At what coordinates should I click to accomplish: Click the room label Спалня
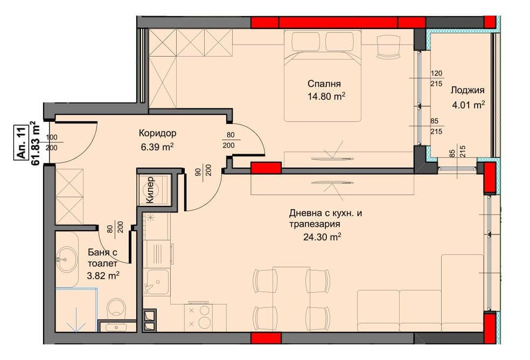324,84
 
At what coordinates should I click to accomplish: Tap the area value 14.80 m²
326,96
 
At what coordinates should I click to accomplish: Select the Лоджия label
468,91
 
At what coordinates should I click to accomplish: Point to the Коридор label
157,133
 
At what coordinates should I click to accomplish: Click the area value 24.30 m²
322,237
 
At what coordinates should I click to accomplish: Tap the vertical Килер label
150,190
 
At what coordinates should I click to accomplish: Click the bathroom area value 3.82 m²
103,276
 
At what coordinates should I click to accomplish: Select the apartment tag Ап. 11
20,142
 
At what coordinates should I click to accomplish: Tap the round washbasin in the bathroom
66,260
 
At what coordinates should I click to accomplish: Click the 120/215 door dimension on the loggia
436,79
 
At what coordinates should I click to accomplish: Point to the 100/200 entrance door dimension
51,142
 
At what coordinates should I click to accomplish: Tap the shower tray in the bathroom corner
76,309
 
